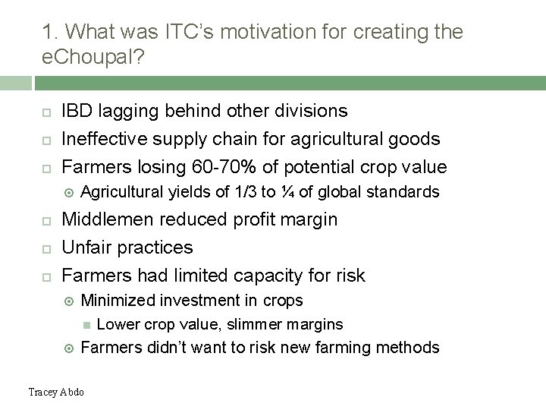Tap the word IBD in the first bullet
[77, 111]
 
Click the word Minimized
[117, 300]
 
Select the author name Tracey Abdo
[55, 392]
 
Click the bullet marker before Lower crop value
[86, 324]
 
